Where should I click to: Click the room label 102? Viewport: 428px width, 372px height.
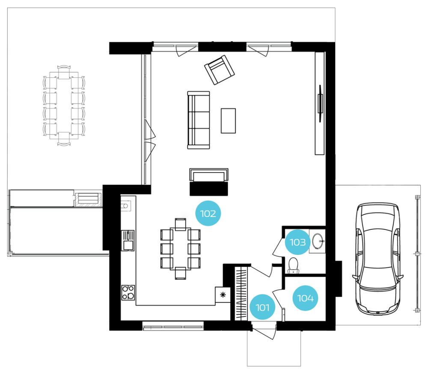208,214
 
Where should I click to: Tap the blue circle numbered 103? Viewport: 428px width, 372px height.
297,242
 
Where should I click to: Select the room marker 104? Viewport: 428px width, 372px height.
305,298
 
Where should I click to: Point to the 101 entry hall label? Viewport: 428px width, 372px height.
262,307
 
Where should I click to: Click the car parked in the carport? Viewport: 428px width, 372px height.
378,259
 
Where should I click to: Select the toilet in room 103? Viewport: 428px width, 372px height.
293,265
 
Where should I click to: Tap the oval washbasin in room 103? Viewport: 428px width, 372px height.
318,241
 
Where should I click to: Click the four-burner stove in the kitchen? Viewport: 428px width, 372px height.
128,293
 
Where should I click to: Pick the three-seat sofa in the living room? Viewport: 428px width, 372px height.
199,120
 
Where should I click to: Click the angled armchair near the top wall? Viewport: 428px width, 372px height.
220,70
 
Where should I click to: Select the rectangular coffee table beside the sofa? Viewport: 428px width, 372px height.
228,120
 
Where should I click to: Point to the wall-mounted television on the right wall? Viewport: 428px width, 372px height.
321,103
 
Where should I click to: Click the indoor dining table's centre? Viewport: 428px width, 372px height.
181,249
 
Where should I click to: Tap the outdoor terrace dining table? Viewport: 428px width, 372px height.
64,105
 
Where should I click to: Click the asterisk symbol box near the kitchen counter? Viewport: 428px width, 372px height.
223,295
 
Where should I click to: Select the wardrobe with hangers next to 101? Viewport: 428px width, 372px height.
241,293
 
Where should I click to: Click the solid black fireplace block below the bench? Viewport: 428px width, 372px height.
209,189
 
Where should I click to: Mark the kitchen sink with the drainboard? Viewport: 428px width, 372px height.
128,240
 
